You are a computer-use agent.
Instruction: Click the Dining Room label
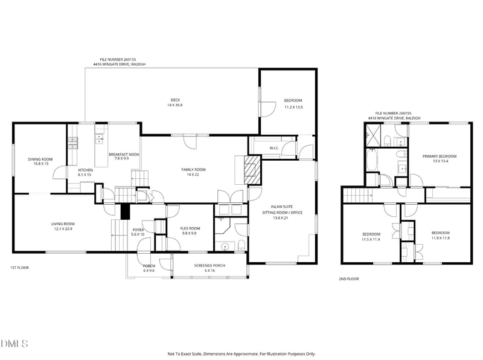point(40,159)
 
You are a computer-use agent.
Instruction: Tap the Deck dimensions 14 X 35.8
point(175,105)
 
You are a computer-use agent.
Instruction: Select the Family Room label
point(193,170)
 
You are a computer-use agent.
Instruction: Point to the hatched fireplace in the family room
point(252,170)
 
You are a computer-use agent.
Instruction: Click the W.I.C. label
point(274,148)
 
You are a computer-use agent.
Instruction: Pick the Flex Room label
point(190,228)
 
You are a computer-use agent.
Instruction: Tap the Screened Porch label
point(210,265)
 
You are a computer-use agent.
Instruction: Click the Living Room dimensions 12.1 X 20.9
point(63,229)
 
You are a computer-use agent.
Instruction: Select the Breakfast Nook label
point(124,155)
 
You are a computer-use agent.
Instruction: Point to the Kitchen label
point(85,170)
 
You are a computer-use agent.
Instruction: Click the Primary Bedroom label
point(440,156)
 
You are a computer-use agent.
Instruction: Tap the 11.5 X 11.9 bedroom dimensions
point(371,239)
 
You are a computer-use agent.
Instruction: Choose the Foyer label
point(138,230)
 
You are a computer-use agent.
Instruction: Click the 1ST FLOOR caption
point(20,268)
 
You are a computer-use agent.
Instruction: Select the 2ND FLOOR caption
point(349,279)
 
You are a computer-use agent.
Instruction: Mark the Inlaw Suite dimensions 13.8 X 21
point(282,218)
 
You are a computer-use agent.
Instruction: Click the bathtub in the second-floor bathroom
point(372,159)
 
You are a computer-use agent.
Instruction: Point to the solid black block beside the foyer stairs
point(125,211)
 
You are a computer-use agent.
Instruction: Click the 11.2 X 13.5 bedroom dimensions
point(293,108)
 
